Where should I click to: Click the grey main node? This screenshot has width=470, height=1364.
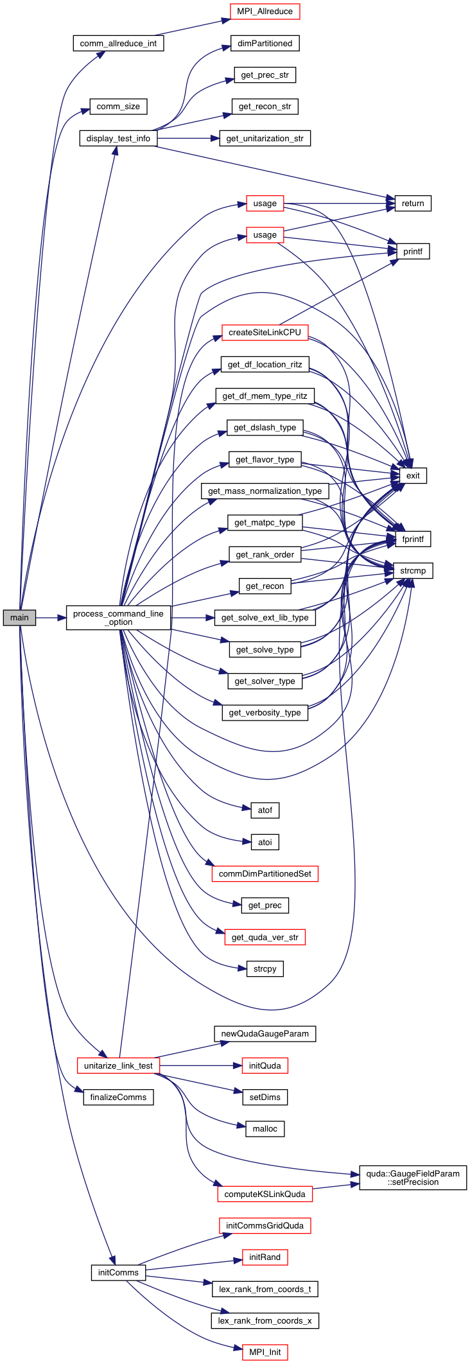click(19, 617)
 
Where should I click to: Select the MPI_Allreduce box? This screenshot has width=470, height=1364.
click(265, 12)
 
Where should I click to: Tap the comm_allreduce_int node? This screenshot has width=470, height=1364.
click(118, 43)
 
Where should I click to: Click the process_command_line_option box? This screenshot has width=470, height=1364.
click(119, 617)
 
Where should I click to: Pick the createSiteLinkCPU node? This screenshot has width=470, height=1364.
click(265, 332)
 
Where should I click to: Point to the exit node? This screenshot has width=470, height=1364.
click(413, 475)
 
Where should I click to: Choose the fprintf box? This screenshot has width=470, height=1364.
click(413, 539)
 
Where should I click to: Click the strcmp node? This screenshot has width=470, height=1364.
click(413, 570)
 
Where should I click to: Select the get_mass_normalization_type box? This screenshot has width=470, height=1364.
click(265, 491)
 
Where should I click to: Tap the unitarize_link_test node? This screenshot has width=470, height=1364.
click(118, 1065)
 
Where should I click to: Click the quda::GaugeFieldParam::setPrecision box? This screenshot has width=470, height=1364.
click(413, 1177)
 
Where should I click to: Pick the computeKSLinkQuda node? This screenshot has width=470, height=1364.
click(265, 1194)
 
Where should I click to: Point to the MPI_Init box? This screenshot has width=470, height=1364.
click(265, 1352)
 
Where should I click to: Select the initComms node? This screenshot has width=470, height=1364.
click(118, 1272)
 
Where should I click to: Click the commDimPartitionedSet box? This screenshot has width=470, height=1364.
click(265, 873)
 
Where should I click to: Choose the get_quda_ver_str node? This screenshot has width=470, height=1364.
click(265, 937)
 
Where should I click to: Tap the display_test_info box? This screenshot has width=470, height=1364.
click(118, 138)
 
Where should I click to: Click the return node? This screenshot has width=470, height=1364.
click(413, 203)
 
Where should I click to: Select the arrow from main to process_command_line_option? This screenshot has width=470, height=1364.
click(51, 617)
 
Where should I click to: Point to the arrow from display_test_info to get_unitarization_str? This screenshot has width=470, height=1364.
click(186, 138)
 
